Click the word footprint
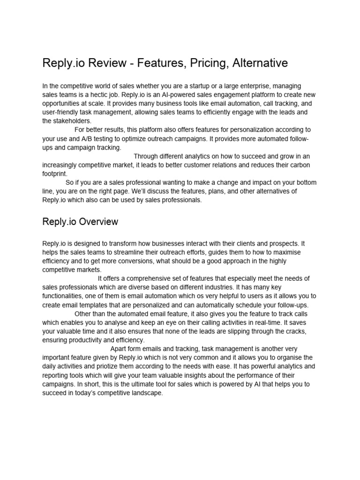tap(55, 173)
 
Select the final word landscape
tap(145, 393)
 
